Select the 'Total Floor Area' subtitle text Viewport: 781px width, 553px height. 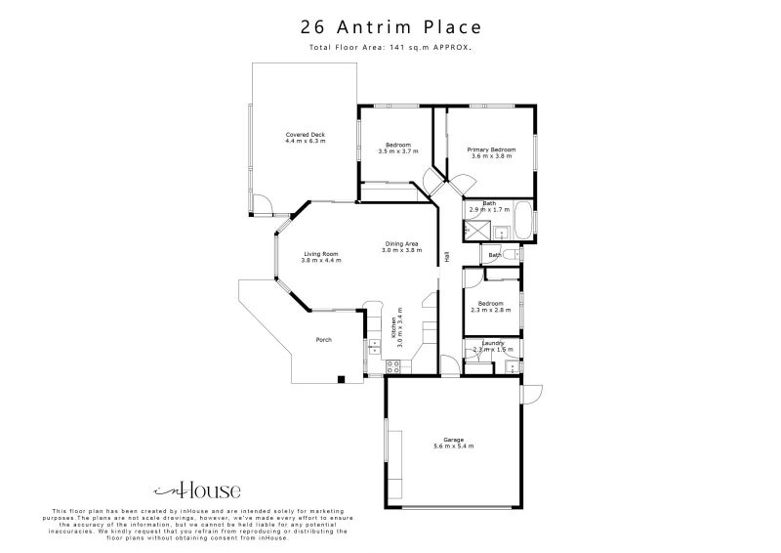click(390, 47)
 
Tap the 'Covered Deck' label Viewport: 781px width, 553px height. click(305, 138)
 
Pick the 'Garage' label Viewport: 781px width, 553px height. click(453, 443)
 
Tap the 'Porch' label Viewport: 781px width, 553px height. click(323, 340)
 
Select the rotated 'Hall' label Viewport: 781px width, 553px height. click(447, 257)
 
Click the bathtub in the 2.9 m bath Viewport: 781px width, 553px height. click(521, 219)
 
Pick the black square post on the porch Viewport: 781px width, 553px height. click(340, 378)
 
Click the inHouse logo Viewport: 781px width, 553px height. click(197, 491)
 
